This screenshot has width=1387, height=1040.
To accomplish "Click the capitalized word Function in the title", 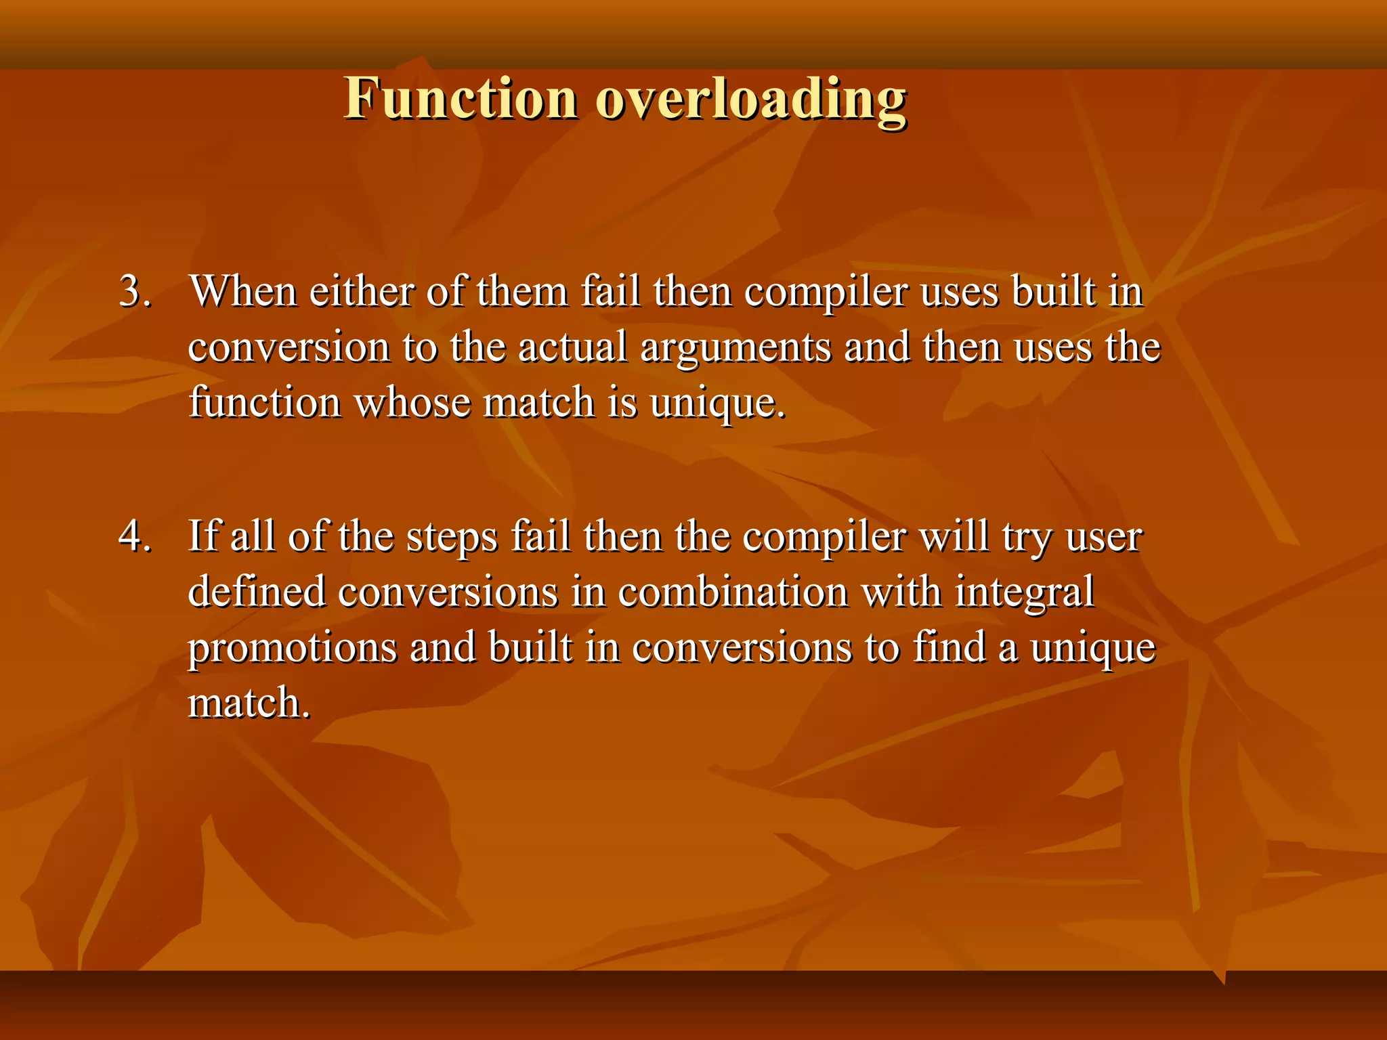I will [x=461, y=99].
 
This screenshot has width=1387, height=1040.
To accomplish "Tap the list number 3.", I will [x=134, y=292].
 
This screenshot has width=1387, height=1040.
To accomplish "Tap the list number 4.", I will [x=134, y=537].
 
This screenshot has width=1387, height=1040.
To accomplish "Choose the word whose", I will [x=412, y=404].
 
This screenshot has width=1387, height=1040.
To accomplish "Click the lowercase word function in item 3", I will [x=264, y=404].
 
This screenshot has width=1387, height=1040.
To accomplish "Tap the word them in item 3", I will [x=522, y=292].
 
